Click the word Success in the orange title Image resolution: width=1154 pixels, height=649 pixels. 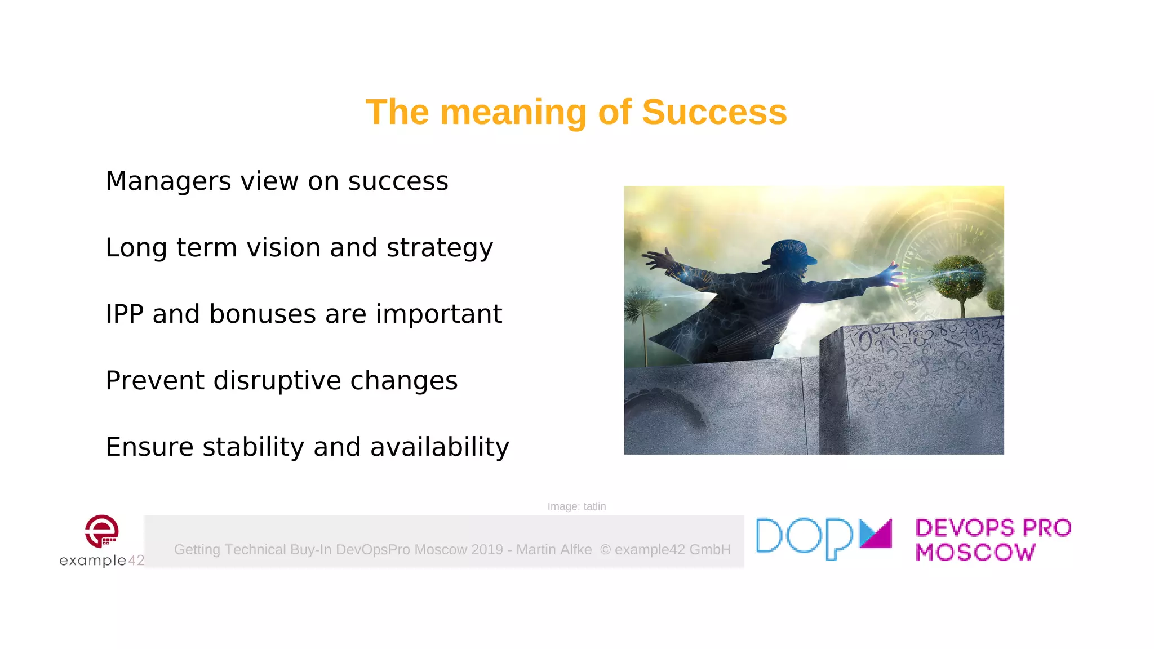714,112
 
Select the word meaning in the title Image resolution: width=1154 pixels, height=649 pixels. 513,112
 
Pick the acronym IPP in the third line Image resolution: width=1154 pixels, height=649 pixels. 124,314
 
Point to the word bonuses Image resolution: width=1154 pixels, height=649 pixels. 262,314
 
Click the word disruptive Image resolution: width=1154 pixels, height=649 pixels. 277,381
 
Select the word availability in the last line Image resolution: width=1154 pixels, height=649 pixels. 440,447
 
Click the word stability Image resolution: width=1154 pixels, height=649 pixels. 253,447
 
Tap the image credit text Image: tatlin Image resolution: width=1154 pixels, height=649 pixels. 576,506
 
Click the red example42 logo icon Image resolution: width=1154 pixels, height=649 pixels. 102,531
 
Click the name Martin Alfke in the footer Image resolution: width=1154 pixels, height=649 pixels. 554,549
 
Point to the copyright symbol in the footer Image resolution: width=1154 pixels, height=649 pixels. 605,549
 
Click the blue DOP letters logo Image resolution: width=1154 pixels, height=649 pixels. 805,538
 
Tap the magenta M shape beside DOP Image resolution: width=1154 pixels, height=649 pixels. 876,534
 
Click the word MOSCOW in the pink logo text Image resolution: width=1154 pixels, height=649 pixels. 975,553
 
